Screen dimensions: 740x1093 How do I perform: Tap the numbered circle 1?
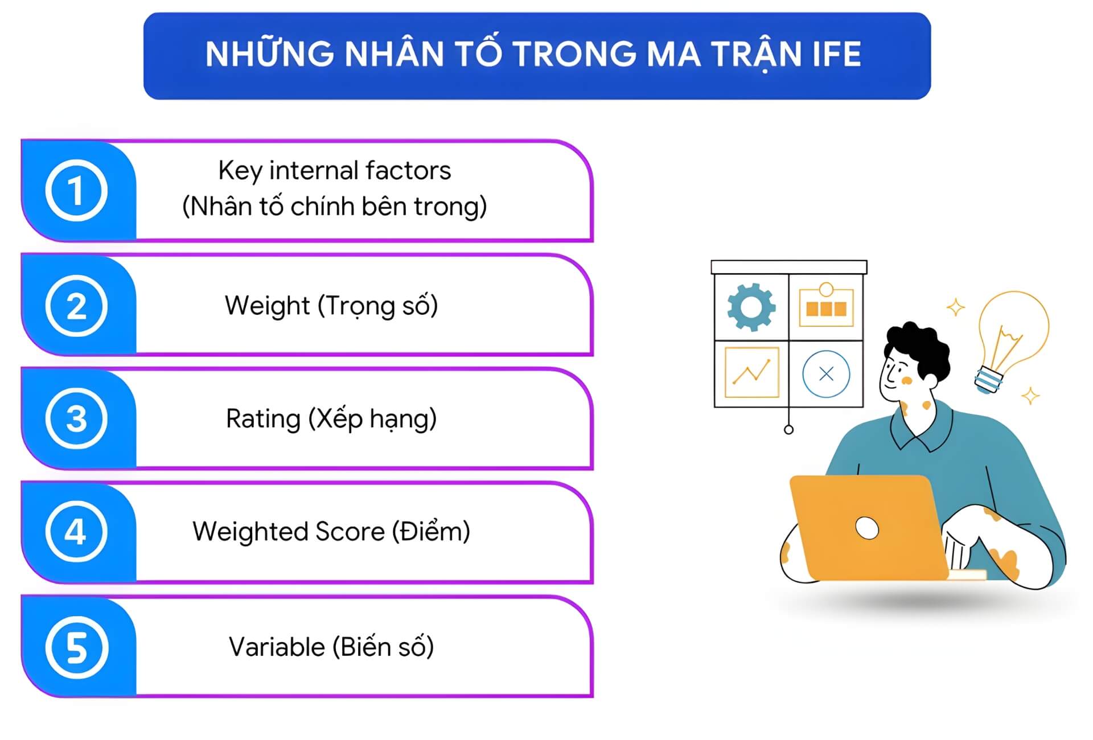click(x=76, y=191)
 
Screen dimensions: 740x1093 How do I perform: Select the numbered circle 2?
click(x=76, y=306)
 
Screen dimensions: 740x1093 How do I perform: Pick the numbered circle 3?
click(x=76, y=418)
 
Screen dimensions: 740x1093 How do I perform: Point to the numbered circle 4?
click(x=76, y=532)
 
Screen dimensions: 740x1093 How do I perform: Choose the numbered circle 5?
click(x=76, y=647)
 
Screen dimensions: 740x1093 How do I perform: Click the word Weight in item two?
click(x=267, y=306)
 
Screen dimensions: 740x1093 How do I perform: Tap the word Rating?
click(x=263, y=419)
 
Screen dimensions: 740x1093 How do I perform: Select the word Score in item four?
click(x=350, y=532)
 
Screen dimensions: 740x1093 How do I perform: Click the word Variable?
click(x=277, y=647)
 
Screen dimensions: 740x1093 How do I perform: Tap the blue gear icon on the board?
click(x=751, y=307)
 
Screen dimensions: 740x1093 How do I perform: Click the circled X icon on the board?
click(x=826, y=374)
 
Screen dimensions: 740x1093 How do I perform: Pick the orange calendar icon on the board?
click(x=826, y=306)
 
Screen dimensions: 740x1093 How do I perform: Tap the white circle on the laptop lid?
click(x=866, y=528)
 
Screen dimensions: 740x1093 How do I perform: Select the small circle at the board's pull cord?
click(x=788, y=430)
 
